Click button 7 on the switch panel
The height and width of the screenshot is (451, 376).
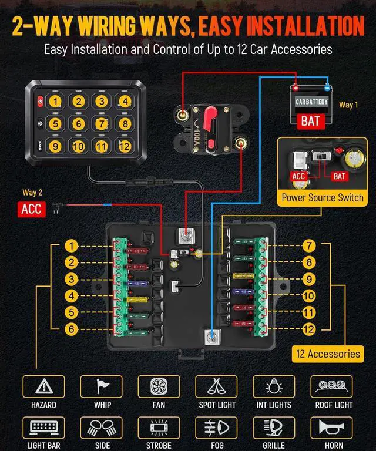[102, 124]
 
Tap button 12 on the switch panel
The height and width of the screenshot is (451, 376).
[123, 147]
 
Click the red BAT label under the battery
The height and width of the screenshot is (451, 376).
[310, 122]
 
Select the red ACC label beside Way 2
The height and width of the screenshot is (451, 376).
[32, 208]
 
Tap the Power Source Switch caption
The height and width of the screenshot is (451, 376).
[322, 197]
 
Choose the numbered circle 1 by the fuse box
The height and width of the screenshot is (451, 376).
[71, 246]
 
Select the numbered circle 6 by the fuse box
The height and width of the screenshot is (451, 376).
[71, 329]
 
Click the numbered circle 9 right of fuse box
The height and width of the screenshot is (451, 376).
[309, 280]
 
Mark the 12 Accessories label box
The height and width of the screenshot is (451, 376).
[327, 354]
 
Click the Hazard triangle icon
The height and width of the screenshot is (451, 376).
[43, 386]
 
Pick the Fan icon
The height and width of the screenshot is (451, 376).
[159, 386]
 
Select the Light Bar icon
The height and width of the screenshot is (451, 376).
[43, 428]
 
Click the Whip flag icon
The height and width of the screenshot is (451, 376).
[102, 386]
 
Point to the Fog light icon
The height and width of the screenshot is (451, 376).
[216, 428]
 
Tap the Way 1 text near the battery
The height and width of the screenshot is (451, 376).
[348, 105]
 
